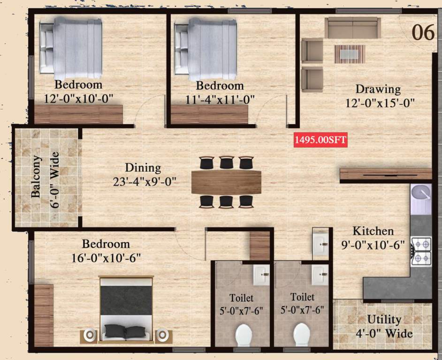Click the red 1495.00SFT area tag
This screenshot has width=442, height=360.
click(321, 140)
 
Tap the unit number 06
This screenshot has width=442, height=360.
click(423, 32)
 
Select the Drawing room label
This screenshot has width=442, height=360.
click(378, 89)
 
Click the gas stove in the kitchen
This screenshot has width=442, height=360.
click(421, 251)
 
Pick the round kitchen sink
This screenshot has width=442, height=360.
click(421, 193)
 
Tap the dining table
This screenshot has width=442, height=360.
click(227, 182)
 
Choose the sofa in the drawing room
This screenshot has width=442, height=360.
click(353, 28)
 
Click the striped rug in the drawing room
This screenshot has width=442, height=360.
click(350, 54)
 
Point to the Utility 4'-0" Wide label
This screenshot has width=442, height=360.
click(384, 326)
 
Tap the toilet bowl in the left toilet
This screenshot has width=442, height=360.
click(244, 335)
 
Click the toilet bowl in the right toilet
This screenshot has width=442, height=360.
click(303, 335)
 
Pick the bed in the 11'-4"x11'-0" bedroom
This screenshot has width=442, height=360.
click(206, 49)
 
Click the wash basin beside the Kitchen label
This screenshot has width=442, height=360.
click(320, 243)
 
